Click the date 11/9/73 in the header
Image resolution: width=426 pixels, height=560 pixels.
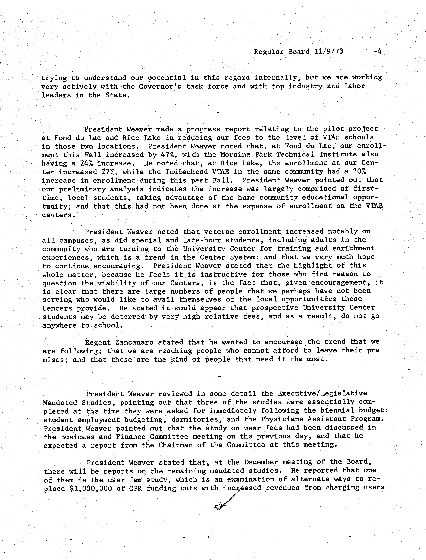(329, 51)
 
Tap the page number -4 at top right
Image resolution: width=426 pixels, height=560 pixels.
(377, 51)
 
